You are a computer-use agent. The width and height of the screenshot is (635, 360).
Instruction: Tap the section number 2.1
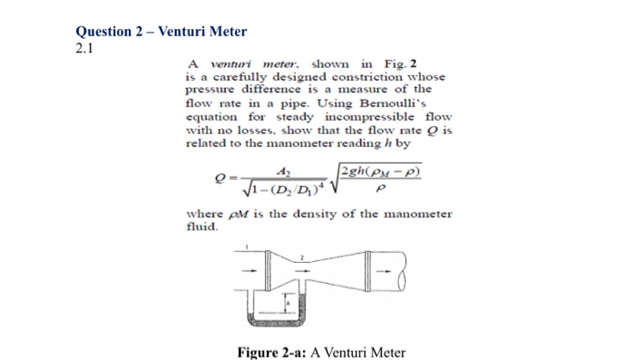coord(86,47)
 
